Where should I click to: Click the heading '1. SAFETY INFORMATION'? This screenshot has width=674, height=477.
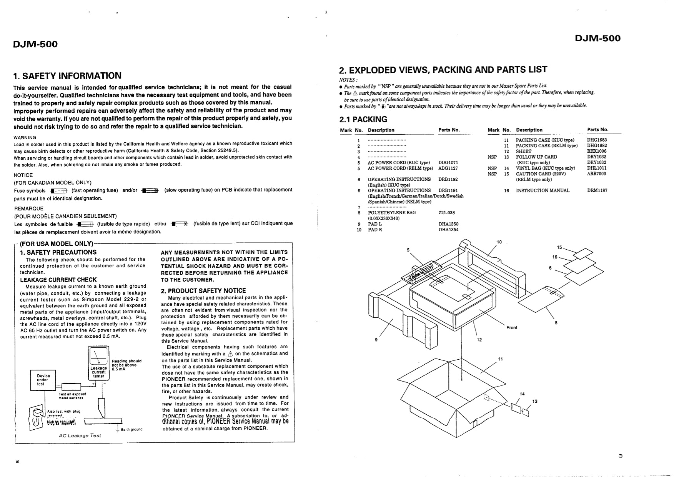point(67,76)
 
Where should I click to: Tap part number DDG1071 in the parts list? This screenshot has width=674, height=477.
point(448,163)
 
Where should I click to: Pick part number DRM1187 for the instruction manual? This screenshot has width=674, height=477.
point(597,190)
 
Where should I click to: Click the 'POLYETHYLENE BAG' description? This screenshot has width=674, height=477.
point(392,213)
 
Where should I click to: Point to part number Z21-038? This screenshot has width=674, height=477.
point(446,213)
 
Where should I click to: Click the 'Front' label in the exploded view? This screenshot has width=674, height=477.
point(512,328)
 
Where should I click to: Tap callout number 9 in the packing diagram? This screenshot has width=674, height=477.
point(376,340)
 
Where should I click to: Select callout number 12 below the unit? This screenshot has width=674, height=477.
point(479,340)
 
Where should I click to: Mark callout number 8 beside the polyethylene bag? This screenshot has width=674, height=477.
point(556,323)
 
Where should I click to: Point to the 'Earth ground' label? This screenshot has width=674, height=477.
point(131,429)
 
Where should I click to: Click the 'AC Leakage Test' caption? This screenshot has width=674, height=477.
point(80,435)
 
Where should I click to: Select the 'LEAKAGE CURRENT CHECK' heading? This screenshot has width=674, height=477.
point(58,280)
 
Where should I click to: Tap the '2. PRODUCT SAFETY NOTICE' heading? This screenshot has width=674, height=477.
point(203,291)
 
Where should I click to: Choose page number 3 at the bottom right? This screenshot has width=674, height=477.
point(620,456)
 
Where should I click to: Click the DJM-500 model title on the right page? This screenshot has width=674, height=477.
point(597,38)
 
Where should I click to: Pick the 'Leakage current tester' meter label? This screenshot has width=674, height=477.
point(99,372)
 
